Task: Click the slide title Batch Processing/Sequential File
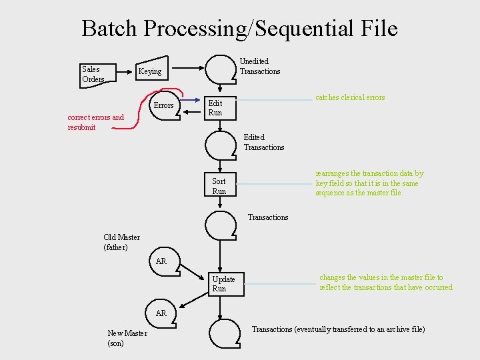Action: click(239, 29)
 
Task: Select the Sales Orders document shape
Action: click(95, 74)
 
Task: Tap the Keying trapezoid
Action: click(150, 71)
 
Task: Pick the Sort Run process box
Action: click(219, 186)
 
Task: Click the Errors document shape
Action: click(164, 106)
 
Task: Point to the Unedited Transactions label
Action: click(259, 66)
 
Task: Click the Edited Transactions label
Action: click(263, 142)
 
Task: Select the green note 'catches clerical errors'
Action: click(350, 97)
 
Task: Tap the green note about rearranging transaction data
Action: click(369, 183)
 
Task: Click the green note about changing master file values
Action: click(385, 282)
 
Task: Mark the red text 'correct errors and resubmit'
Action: click(95, 122)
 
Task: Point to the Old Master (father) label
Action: click(121, 242)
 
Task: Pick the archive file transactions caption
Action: click(338, 329)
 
